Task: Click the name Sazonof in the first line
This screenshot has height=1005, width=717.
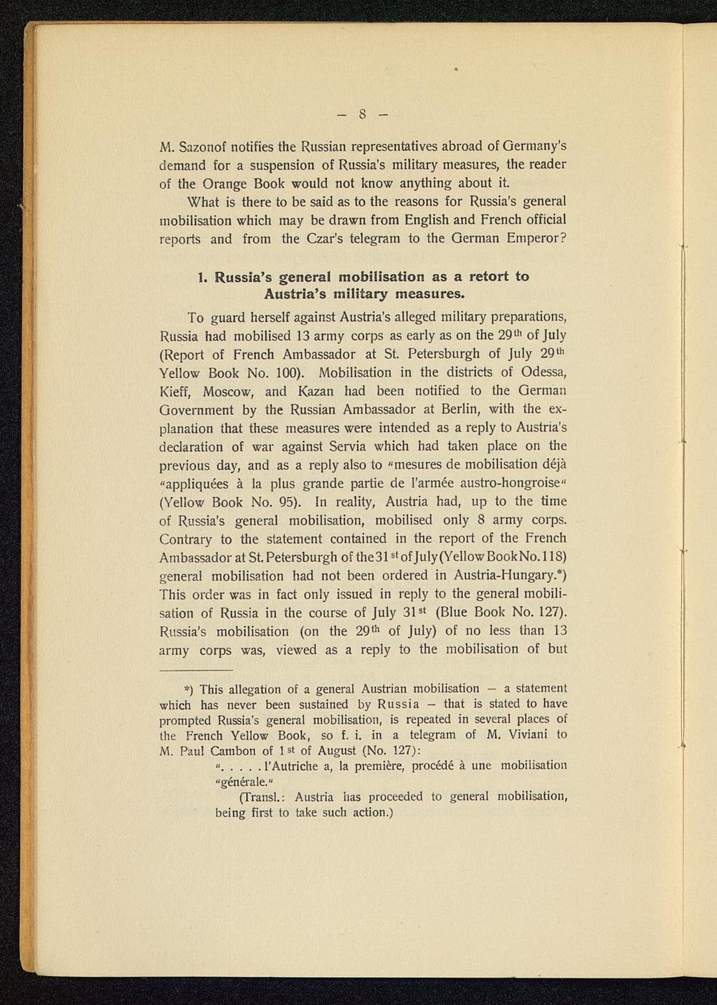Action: pos(208,146)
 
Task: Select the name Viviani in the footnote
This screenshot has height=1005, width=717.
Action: pos(528,735)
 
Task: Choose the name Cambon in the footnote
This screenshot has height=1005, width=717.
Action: pos(234,750)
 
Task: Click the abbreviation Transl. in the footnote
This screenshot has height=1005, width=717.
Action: pos(262,797)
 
